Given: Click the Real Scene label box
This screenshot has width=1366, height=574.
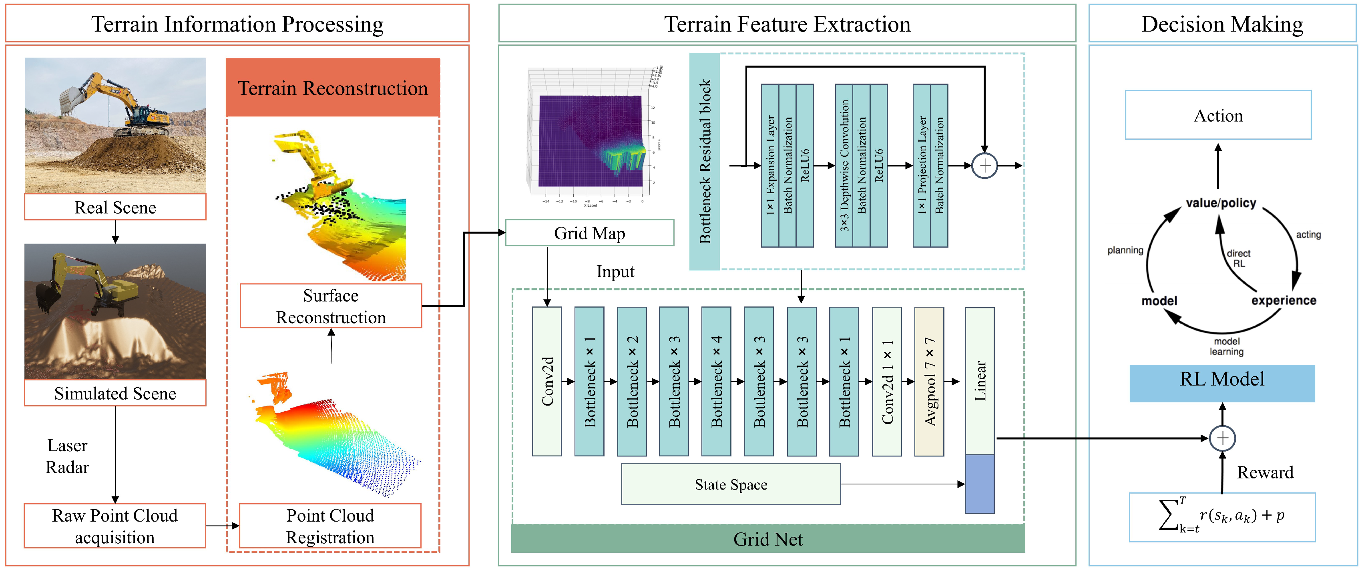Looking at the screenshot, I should point(115,207).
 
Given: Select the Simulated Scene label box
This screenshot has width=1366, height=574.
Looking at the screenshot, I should point(115,393).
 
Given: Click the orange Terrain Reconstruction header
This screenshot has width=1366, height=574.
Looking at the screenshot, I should point(332,88).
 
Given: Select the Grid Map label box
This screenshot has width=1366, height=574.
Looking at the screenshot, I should point(589,233).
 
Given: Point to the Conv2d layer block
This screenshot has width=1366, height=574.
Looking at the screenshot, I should point(547,381).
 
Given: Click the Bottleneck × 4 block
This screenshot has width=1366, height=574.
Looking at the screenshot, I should point(716,381).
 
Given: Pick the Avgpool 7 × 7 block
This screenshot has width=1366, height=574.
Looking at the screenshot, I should point(929,381).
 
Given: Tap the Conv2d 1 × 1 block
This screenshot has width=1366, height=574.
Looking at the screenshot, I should point(887,381).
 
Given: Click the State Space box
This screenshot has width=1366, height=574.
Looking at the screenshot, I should point(731,484).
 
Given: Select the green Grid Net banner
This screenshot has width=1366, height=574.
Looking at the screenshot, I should point(767,539).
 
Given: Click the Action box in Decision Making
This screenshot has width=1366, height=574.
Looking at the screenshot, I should point(1218,116).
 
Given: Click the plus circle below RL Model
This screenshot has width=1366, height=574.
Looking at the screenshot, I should point(1222,438).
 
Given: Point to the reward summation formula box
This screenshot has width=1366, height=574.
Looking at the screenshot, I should point(1222,517).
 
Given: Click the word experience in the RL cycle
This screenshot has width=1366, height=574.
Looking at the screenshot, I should point(1283,300).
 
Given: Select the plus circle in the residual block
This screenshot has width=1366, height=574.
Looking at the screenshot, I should point(985,166).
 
